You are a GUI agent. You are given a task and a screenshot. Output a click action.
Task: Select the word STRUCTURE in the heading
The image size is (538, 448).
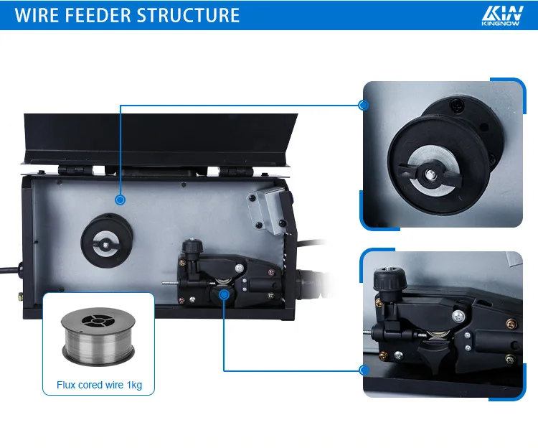[x=188, y=15]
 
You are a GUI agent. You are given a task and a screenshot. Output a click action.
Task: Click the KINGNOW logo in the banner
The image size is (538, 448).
[x=502, y=16]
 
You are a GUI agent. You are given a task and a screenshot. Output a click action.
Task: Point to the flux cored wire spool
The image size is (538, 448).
[x=98, y=336]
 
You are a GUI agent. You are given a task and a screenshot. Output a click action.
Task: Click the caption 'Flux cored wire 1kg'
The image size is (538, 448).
[x=99, y=385]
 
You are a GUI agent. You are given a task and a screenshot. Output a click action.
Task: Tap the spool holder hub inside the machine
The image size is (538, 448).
[x=106, y=241]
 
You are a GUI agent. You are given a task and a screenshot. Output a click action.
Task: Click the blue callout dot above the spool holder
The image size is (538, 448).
[x=120, y=200]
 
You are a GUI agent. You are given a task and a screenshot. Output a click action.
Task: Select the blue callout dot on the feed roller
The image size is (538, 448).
[x=224, y=294]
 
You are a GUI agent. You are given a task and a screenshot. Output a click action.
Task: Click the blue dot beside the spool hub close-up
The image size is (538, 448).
[x=364, y=105]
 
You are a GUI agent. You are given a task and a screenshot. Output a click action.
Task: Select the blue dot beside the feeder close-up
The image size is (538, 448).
[x=364, y=370]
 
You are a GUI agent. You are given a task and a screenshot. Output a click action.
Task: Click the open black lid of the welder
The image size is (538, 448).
[x=159, y=139]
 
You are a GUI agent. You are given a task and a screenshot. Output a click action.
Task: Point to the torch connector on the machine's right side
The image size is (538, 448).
[x=311, y=284]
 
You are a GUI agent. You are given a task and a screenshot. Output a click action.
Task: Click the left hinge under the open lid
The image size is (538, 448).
[x=75, y=170]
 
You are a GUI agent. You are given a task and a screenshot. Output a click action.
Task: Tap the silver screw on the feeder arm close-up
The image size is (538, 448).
[x=458, y=316]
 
